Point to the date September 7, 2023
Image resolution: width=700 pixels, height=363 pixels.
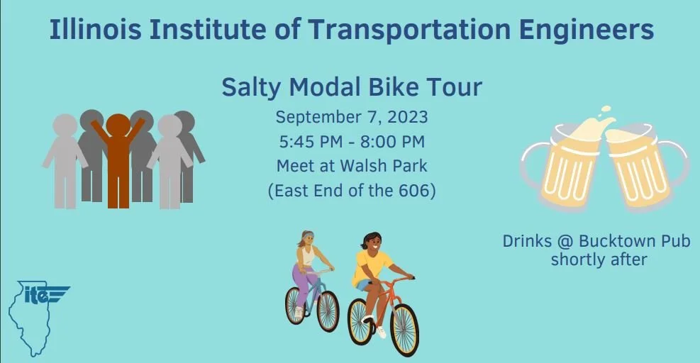[352, 116]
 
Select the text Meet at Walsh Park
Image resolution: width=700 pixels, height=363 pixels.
[352, 167]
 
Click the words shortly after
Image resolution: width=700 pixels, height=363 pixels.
[599, 259]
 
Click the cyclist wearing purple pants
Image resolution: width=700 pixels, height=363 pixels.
[306, 269]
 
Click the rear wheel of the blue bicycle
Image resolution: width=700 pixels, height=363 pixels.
[296, 305]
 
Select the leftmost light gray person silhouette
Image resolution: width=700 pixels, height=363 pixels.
[65, 160]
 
